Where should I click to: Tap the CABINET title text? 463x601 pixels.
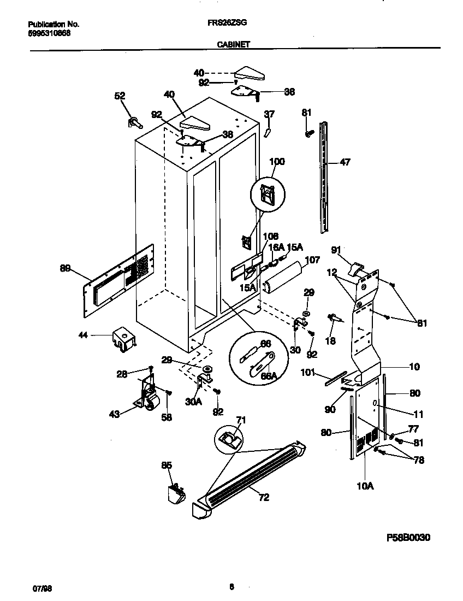[x=234, y=45]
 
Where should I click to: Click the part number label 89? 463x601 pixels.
[x=66, y=268]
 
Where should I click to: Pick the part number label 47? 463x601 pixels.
[x=345, y=162]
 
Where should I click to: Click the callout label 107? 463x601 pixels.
[x=312, y=260]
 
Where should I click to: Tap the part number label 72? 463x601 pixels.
[x=264, y=497]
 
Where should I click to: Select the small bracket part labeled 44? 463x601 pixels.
[x=123, y=339]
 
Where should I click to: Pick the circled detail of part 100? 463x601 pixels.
[x=267, y=196]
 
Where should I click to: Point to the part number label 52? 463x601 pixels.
[x=120, y=96]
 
